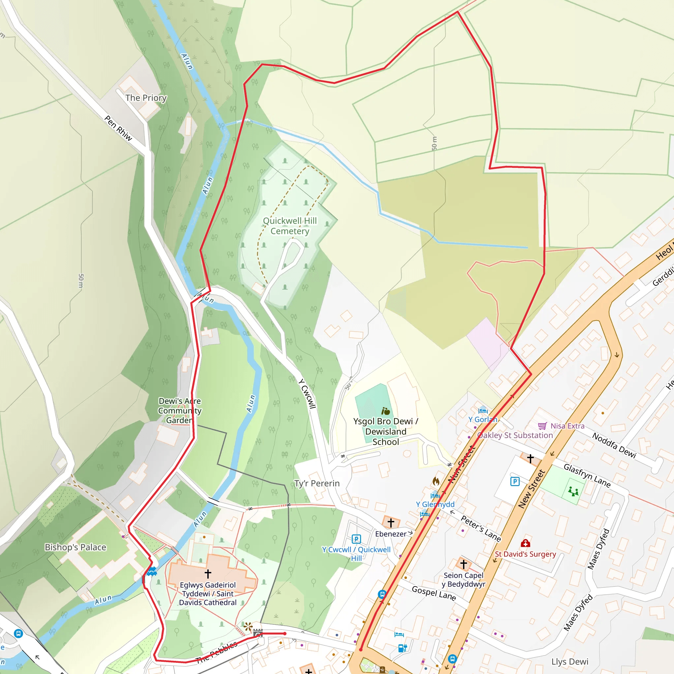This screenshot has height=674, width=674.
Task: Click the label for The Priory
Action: click(x=146, y=98)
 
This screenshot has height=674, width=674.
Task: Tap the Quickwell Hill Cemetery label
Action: click(x=290, y=226)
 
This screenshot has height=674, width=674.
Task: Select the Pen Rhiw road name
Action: click(x=118, y=128)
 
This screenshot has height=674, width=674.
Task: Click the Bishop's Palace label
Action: click(x=75, y=547)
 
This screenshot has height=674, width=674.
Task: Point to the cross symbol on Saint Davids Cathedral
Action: click(x=208, y=573)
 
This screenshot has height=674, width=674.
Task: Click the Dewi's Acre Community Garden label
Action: click(x=180, y=411)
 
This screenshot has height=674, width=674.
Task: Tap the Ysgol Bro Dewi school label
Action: click(x=385, y=431)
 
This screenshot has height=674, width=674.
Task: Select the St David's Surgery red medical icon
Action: click(x=525, y=543)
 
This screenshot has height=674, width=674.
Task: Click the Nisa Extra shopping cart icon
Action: click(x=542, y=426)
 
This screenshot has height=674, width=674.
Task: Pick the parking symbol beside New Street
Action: click(x=515, y=482)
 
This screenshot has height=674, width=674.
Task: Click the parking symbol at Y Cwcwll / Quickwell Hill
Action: click(x=356, y=539)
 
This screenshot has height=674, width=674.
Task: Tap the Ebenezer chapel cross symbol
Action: click(x=391, y=523)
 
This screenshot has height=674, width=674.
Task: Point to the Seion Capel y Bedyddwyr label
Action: click(x=463, y=580)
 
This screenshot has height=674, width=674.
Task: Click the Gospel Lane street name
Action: click(x=434, y=593)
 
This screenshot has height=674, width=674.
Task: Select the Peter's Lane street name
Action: click(x=481, y=529)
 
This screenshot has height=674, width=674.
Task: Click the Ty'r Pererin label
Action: click(x=317, y=483)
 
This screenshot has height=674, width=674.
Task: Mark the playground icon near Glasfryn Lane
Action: click(x=573, y=492)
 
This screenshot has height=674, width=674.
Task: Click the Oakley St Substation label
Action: click(x=515, y=435)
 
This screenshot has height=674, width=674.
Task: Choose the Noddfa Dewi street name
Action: click(x=614, y=445)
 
